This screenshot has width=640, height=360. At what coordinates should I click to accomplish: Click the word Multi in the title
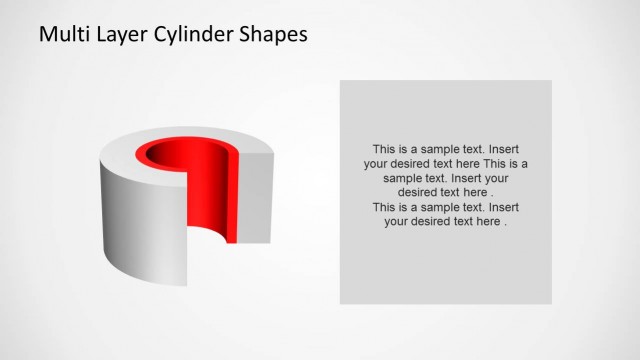pyautogui.click(x=62, y=34)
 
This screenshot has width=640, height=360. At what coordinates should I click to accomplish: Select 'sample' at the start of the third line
pyautogui.click(x=388, y=178)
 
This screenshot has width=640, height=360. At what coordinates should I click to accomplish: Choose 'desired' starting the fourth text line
pyautogui.click(x=418, y=193)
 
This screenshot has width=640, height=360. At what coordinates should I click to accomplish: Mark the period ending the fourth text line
pyautogui.click(x=492, y=193)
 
